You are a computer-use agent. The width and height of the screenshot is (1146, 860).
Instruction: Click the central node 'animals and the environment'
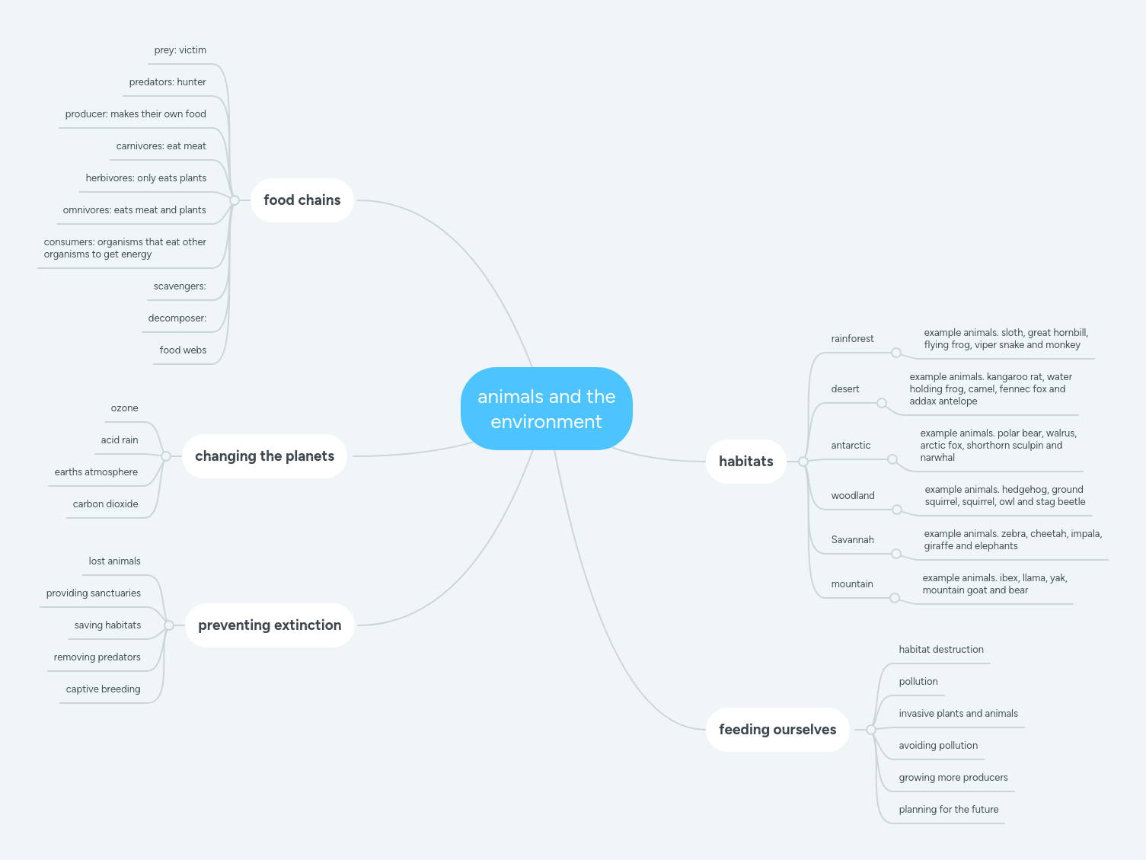pos(546,409)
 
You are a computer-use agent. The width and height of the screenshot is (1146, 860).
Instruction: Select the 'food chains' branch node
pos(302,200)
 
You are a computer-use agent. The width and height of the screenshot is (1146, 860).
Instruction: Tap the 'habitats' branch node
pos(745,462)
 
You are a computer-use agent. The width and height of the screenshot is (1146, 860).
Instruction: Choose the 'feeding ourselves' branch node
pos(777,730)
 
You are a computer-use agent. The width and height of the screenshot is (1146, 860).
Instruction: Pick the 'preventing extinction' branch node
pos(270,625)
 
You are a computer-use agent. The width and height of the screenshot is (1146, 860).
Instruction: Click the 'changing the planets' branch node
pos(264,456)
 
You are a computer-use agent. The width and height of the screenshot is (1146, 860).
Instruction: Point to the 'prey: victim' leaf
pos(180,50)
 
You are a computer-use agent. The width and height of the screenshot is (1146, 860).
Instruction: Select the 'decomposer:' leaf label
pos(177,318)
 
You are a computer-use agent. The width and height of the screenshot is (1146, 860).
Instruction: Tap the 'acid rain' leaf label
pos(120,440)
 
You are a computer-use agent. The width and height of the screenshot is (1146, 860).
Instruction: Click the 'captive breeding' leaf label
pos(103,689)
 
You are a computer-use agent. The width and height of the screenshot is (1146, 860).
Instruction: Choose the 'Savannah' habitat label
pos(852,540)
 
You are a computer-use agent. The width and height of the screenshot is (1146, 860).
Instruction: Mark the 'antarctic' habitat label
pos(851,446)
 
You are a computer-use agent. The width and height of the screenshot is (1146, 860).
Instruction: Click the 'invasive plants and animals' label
pos(958,714)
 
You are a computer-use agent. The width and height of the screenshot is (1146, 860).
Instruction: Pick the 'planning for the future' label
pos(948,810)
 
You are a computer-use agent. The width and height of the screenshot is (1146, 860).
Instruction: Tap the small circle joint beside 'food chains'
pos(235,200)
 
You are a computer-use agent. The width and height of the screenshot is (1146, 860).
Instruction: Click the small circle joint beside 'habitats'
pos(803,462)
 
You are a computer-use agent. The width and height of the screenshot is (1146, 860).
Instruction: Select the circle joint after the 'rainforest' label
pos(896,353)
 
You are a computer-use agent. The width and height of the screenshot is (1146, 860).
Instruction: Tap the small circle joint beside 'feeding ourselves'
pos(871,730)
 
